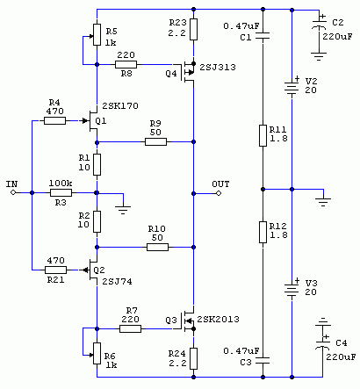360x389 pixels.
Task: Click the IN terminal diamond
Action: pos(12,192)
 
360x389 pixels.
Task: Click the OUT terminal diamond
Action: pos(219,193)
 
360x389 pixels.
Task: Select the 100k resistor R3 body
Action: pos(61,192)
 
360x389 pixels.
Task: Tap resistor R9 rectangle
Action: pos(155,142)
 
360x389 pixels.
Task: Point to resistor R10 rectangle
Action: pos(157,248)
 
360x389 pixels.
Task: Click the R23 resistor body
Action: pos(193,29)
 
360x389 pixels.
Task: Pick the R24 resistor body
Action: pos(193,358)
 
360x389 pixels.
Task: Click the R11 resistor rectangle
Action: pos(263,135)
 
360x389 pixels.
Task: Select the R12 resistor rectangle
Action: pos(263,232)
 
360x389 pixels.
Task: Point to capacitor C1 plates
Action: pos(263,37)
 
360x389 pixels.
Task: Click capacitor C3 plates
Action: pos(263,361)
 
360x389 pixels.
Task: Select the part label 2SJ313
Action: pos(218,68)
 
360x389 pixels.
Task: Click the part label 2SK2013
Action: pos(218,319)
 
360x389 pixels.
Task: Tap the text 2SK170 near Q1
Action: pos(120,105)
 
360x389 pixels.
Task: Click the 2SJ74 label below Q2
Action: pos(117,282)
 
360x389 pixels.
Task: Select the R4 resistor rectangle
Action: pos(54,120)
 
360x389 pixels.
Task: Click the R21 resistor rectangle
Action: pos(55,270)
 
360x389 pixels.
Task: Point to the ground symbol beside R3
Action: pos(123,209)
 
